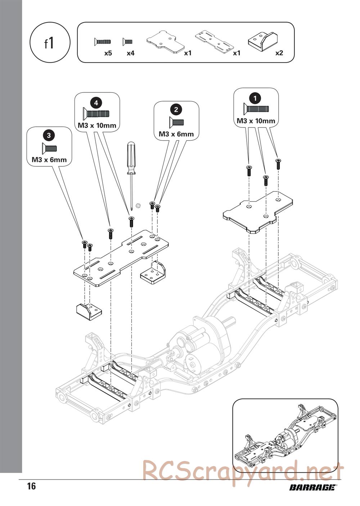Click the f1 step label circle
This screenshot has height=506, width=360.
[50, 42]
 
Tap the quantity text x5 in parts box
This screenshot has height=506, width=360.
[108, 53]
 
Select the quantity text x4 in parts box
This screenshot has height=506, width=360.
[130, 53]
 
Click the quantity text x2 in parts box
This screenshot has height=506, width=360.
[279, 53]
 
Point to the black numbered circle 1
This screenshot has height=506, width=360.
[255, 98]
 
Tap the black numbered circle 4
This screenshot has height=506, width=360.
[96, 103]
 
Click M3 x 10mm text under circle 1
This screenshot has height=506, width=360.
[256, 121]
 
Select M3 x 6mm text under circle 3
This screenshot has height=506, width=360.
[49, 160]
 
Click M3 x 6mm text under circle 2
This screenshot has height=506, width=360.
[176, 134]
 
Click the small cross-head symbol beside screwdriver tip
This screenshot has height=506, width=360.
[138, 205]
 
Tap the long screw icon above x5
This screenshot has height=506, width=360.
[103, 41]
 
